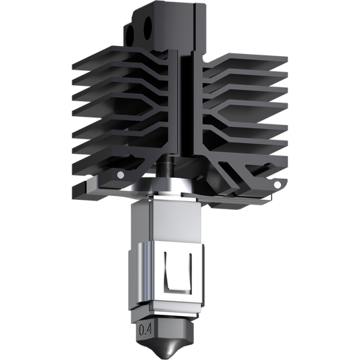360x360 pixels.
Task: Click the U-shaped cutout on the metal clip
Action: (x=178, y=274)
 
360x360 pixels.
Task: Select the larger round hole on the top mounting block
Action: (x=148, y=28)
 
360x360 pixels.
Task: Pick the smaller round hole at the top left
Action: (x=130, y=36)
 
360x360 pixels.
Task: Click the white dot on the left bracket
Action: (x=120, y=175)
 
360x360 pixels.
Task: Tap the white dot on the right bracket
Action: (x=278, y=184)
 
